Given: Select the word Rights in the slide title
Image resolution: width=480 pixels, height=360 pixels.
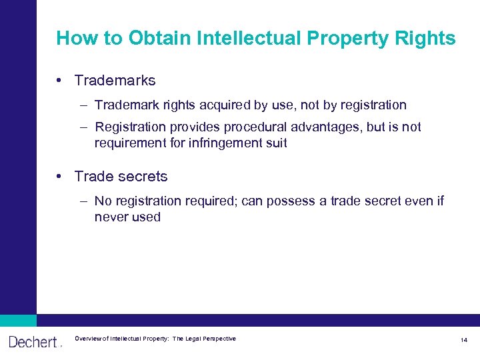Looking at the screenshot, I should (426, 39).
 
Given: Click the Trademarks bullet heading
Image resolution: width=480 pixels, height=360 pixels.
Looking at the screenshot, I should (115, 81).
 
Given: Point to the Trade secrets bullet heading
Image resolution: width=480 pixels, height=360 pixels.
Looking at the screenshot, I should (121, 177).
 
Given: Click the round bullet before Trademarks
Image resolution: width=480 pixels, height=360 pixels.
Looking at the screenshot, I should (60, 81).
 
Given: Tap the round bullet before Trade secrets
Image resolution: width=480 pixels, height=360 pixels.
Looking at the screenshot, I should (60, 177).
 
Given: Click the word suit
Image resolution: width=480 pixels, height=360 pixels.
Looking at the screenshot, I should (276, 143).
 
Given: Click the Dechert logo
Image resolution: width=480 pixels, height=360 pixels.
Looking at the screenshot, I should (33, 341).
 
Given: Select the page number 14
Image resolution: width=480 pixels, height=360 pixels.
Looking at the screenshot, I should (463, 341).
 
